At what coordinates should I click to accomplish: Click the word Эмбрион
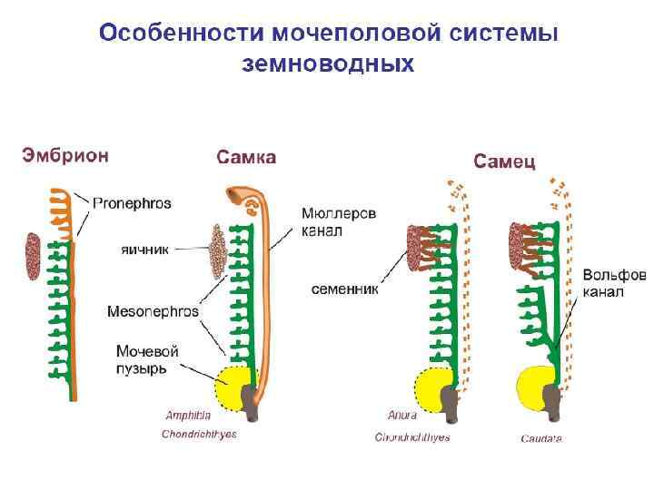65,155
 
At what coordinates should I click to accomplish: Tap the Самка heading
245,158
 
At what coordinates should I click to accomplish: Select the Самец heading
504,162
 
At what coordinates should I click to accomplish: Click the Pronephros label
132,203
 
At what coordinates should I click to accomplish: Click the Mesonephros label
153,311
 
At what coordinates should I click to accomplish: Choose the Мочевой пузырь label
147,359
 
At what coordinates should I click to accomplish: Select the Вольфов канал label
613,283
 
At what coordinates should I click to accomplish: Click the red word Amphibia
188,416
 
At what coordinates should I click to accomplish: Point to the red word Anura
401,416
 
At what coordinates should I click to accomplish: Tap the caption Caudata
540,438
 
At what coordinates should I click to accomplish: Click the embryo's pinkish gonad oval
34,255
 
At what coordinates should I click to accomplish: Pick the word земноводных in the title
327,64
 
